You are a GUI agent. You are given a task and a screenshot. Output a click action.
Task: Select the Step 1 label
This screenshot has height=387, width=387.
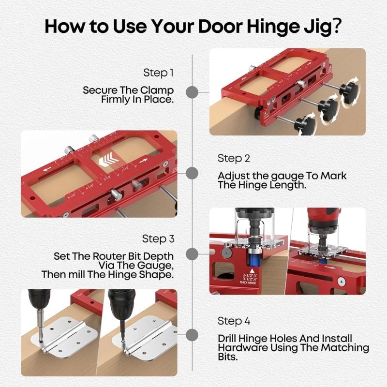point(158,73)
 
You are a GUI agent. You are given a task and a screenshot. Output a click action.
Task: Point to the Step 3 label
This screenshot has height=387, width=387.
point(158,239)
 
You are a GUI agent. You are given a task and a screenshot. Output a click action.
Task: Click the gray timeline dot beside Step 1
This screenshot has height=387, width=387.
point(193,92)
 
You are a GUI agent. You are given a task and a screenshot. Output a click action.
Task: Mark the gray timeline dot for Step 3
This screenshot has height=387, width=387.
point(193,254)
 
